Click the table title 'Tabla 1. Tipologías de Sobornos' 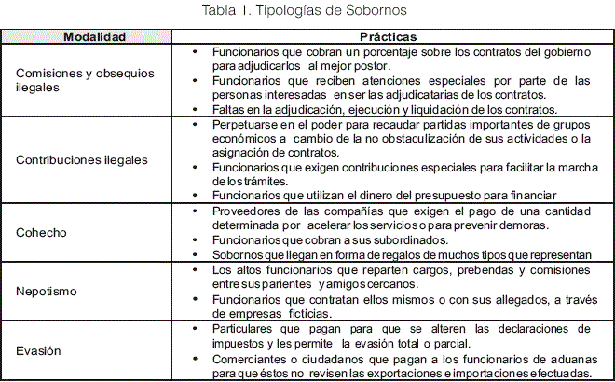307,10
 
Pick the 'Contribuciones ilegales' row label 82,159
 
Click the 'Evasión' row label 39,350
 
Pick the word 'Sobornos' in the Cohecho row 237,254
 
